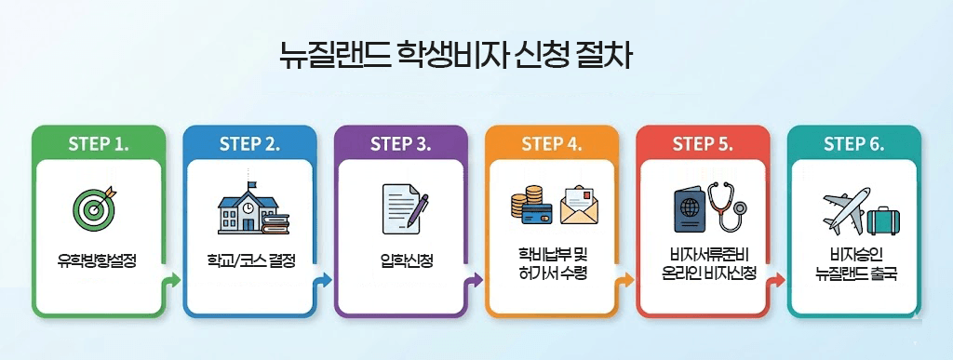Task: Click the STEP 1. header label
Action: [98, 144]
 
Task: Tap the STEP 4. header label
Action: [551, 144]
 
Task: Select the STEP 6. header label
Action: [853, 144]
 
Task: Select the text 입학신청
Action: [400, 260]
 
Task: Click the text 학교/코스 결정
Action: [248, 260]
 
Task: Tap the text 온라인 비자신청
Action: [702, 273]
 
